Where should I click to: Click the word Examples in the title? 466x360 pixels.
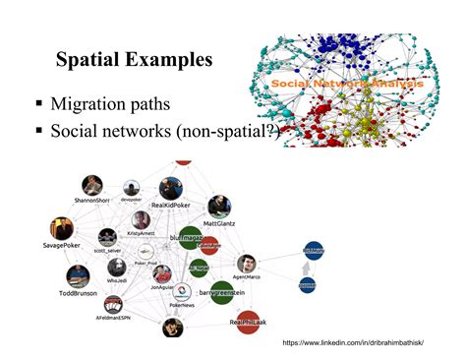[166, 60]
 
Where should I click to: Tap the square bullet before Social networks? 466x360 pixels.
[38, 131]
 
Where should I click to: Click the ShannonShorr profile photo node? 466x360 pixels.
[92, 185]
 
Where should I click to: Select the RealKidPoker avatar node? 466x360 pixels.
[170, 187]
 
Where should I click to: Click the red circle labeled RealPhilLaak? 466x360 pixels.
[248, 320]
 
